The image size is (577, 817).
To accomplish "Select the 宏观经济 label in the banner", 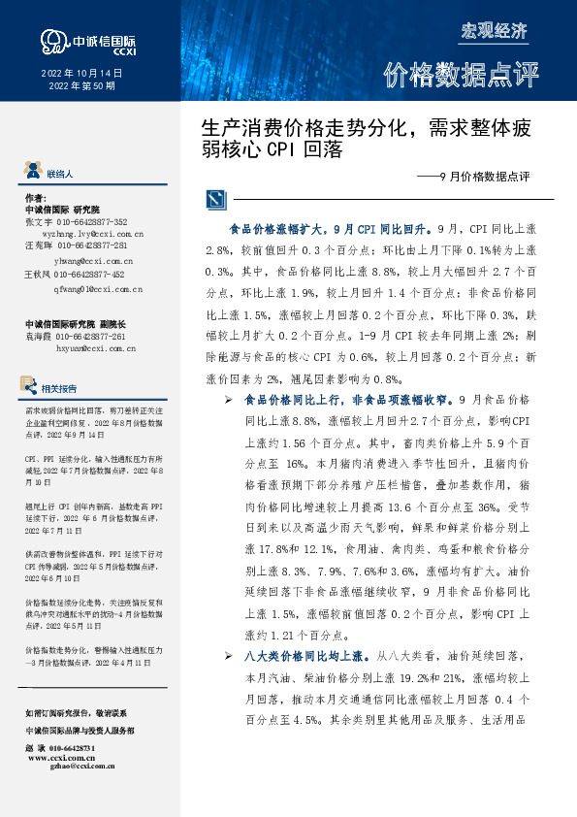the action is point(494,30).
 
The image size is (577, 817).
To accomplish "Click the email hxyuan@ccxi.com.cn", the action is point(93,346).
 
